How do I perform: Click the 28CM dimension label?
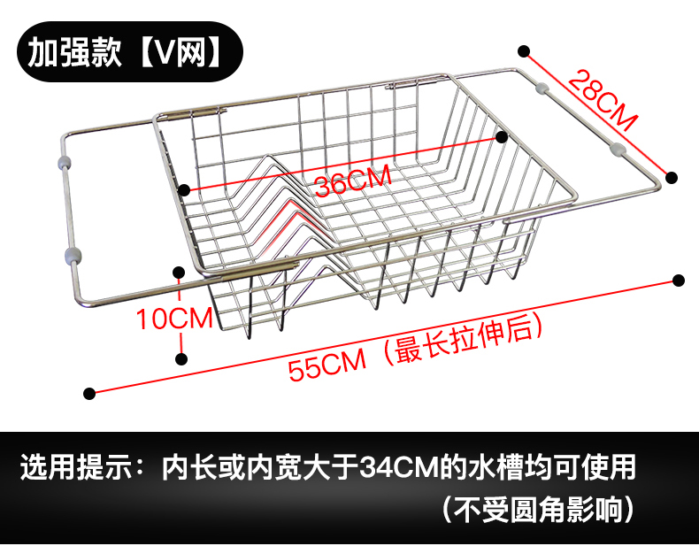603,100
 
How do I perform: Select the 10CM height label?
174,317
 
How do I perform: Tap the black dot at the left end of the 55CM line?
88,392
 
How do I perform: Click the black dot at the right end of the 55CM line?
679,281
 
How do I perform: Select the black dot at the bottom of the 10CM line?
181,358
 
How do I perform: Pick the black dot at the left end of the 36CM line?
184,189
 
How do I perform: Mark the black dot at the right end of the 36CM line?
502,137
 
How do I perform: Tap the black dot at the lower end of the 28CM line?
672,176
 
